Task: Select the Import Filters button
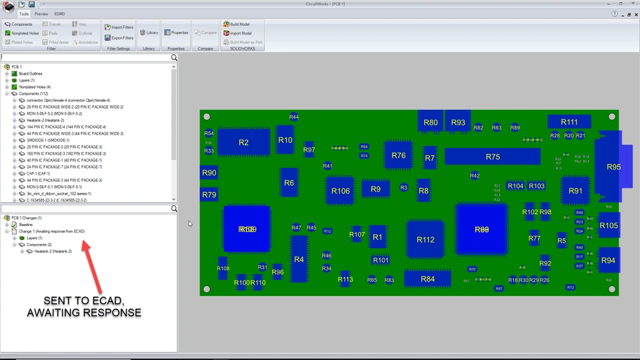(x=119, y=27)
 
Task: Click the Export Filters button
(x=119, y=38)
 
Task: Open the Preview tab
(x=41, y=13)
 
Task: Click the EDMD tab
(x=59, y=13)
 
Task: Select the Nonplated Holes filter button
(x=22, y=33)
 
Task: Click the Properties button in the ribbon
(x=176, y=33)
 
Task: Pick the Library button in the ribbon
(x=149, y=33)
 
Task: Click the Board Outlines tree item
(x=31, y=74)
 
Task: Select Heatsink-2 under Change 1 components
(x=53, y=251)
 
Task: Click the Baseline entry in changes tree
(x=26, y=225)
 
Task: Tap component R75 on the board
(x=493, y=157)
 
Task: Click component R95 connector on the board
(x=612, y=167)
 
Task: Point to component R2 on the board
(x=243, y=143)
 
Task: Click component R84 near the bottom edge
(x=427, y=279)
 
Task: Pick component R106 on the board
(x=340, y=191)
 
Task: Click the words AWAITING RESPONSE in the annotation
(x=84, y=312)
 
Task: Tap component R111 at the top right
(x=569, y=122)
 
